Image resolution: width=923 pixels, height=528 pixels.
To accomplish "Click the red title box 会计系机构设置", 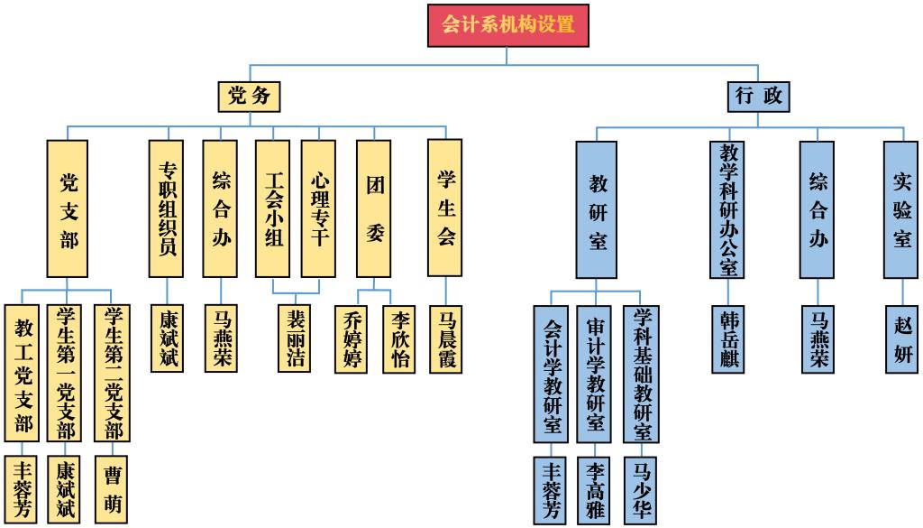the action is (508, 25).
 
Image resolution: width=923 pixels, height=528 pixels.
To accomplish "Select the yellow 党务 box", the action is (249, 97).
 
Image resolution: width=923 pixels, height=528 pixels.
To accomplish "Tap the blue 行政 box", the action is (758, 97).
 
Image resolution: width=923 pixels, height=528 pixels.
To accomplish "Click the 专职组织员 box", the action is (166, 208).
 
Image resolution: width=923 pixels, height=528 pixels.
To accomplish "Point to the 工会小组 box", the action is (272, 208).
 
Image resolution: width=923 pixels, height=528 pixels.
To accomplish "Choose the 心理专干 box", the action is (318, 208).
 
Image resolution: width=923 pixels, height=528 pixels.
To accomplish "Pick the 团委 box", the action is (374, 208).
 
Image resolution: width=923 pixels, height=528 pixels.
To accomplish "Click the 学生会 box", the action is (445, 208).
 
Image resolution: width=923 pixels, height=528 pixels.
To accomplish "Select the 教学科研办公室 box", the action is (727, 209).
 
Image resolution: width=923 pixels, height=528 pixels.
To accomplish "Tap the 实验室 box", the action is (900, 209).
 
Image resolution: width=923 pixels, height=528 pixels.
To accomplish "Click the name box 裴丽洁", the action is (295, 338).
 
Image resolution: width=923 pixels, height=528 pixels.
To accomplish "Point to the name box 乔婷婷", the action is (351, 339).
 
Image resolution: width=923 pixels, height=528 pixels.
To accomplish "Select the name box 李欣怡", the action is (399, 339).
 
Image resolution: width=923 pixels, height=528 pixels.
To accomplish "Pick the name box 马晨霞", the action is (445, 339).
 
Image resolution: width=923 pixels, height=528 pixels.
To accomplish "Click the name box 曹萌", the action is (111, 490).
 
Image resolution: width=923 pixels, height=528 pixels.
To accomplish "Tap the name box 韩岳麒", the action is (728, 339).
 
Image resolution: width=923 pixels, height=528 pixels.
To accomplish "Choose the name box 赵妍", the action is (901, 339).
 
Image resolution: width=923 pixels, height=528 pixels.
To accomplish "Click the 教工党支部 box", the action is (22, 373).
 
